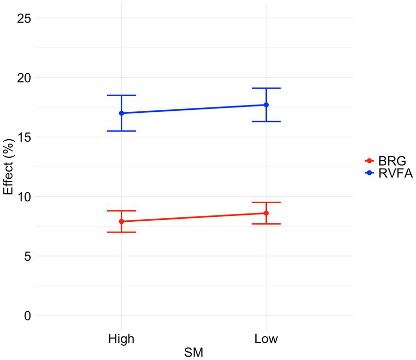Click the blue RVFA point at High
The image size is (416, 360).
121,113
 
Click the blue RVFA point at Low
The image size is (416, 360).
266,105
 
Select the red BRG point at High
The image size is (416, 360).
121,221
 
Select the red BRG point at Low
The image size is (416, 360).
266,213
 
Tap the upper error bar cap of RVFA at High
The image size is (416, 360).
121,95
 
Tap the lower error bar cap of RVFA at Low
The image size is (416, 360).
266,121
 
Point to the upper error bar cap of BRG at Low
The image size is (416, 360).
266,202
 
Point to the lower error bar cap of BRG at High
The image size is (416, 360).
121,232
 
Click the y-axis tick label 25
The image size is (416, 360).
24,18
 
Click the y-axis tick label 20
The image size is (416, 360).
24,78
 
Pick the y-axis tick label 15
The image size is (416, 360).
24,137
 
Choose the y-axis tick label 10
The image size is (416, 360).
24,197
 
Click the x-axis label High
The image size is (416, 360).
121,338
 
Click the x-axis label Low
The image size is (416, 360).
266,338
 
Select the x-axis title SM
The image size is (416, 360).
194,352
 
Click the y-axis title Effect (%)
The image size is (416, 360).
8,167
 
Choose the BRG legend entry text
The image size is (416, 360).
393,161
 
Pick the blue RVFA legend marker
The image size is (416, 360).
370,172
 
